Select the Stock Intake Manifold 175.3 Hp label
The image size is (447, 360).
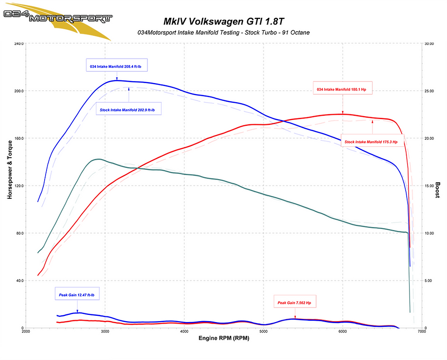(373, 142)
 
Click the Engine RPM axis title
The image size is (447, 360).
(224, 338)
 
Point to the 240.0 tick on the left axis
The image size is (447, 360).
(18, 44)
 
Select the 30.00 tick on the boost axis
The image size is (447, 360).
(428, 44)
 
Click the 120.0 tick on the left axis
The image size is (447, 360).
(18, 186)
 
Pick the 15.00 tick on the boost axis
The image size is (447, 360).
(428, 186)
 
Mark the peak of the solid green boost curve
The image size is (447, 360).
(98, 159)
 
